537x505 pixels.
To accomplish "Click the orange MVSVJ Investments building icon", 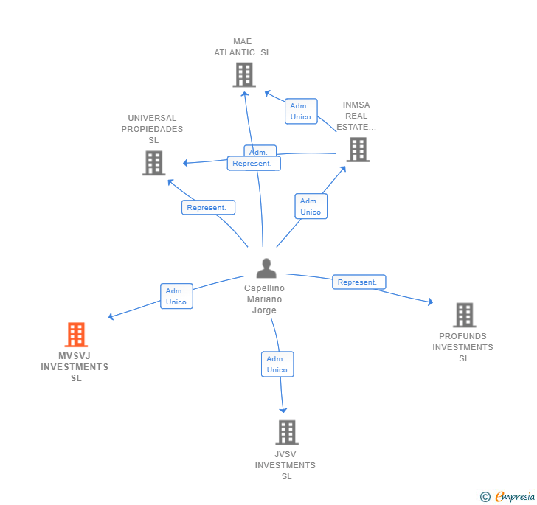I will [x=76, y=335].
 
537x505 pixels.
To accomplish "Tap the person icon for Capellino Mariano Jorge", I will [x=266, y=268].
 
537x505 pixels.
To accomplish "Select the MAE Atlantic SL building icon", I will [x=244, y=74].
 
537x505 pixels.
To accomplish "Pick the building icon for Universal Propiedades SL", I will [x=153, y=163].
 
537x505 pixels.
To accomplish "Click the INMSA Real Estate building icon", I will [x=358, y=150].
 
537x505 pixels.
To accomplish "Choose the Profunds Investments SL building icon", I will [x=464, y=315].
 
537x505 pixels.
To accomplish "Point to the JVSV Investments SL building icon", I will [x=286, y=432].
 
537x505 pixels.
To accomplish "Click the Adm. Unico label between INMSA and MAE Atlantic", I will [x=301, y=111].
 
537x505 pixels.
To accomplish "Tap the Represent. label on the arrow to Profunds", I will [x=358, y=282].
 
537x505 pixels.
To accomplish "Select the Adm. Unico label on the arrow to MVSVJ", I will [x=176, y=296].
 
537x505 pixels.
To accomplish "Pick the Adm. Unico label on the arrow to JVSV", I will [x=277, y=364].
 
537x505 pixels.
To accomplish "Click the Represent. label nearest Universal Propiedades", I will [x=208, y=208].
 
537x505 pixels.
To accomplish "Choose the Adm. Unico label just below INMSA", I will [x=311, y=206].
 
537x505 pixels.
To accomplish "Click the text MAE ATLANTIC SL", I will [x=243, y=47].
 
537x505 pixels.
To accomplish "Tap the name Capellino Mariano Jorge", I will [x=265, y=299].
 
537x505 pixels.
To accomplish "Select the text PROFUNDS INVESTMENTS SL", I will [x=463, y=347].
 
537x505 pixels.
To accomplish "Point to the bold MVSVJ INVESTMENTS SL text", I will [x=75, y=367].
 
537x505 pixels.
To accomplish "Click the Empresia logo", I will [x=514, y=496].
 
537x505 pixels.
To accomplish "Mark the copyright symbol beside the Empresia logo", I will [x=485, y=497].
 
